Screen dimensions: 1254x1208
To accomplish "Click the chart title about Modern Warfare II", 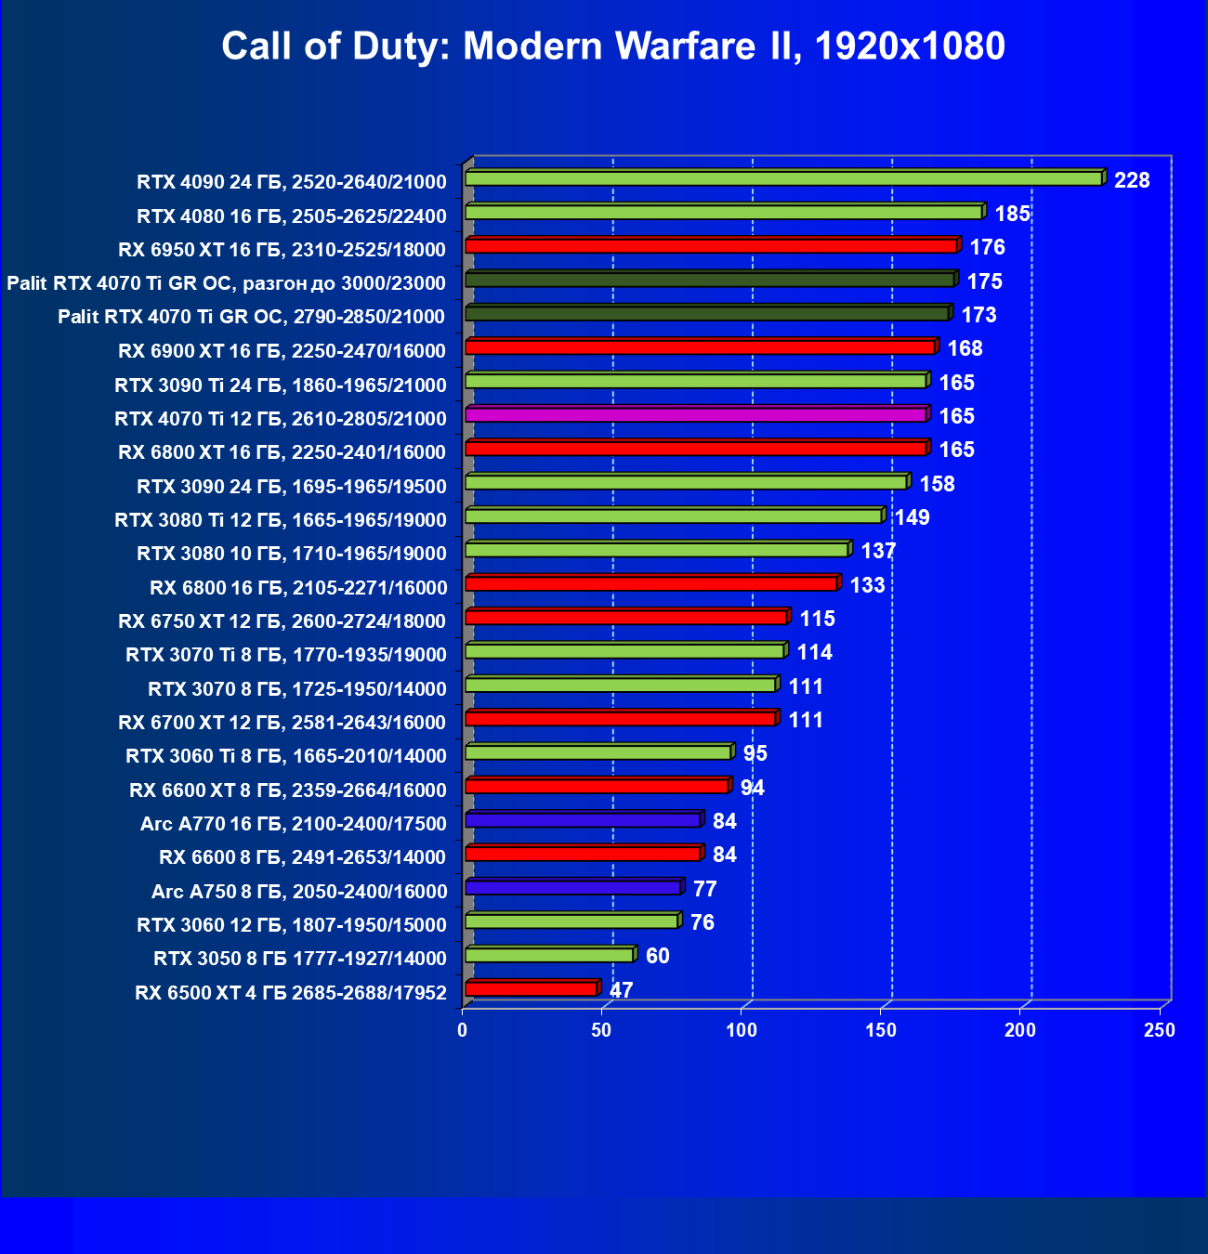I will tap(613, 46).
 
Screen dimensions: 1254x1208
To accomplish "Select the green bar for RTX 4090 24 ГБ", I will tap(783, 178).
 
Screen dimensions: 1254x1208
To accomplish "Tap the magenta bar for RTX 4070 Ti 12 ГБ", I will tap(695, 415).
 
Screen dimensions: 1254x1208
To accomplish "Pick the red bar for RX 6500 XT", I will tap(531, 989).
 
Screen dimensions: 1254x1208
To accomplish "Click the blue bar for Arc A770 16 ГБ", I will tap(583, 820).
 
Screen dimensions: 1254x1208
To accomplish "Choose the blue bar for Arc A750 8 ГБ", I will tap(573, 888).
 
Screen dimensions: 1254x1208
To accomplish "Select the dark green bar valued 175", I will tap(709, 280).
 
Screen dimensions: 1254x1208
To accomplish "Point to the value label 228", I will tap(1132, 180).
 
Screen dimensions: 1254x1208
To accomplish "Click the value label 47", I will tap(622, 990).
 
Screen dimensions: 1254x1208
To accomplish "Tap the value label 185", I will tap(1012, 215).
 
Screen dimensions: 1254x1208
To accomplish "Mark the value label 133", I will tap(867, 585).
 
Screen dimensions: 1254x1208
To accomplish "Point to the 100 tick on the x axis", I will tap(742, 1030).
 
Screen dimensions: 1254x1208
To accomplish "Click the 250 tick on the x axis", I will tap(1160, 1030).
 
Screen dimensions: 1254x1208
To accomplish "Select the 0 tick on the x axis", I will tap(463, 1030).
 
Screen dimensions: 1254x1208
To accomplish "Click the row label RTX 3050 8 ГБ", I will tap(300, 959).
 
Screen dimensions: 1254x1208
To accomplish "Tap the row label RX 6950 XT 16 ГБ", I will tap(282, 250).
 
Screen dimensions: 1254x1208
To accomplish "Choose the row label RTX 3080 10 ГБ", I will tap(292, 554).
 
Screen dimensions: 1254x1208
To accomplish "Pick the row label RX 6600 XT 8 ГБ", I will tap(288, 790).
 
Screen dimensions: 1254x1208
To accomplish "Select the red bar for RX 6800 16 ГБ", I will tap(650, 583).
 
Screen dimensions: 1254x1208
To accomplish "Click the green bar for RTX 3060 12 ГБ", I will tap(571, 921).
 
